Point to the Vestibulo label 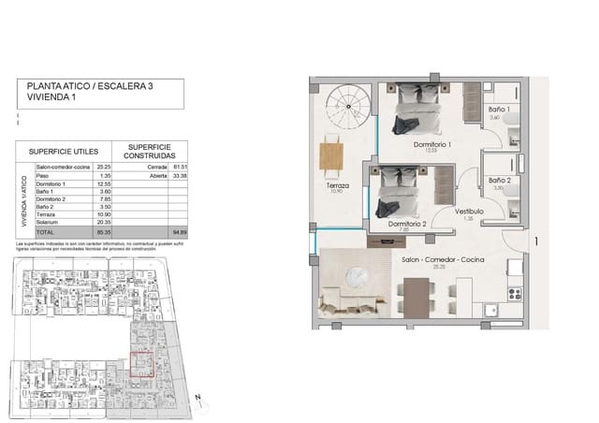[470, 211]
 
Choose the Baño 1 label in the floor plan [497, 110]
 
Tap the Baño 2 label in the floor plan [498, 179]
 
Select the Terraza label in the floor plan [338, 186]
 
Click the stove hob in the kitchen [514, 293]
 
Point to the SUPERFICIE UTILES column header [64, 150]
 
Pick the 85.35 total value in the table [104, 230]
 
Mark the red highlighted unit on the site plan [140, 360]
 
